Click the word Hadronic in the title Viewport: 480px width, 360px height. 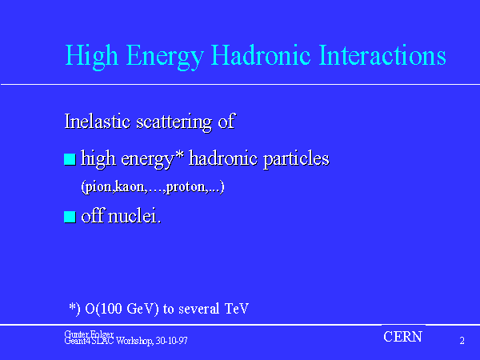261,55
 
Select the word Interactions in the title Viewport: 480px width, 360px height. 382,55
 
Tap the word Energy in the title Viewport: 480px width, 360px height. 165,58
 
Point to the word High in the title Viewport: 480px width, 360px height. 91,58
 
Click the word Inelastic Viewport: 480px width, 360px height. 98,122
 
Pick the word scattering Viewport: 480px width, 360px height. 174,123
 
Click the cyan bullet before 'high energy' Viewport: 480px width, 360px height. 70,159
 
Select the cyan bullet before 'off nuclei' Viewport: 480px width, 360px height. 70,217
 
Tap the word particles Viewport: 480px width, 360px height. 296,160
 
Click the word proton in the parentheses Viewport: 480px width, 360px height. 186,187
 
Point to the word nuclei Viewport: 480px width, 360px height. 134,215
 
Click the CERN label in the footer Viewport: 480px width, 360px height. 403,337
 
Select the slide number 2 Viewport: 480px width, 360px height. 462,341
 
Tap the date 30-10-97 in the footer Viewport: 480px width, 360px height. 172,341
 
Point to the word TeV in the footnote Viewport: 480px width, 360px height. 237,309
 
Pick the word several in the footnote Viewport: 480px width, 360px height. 199,309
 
